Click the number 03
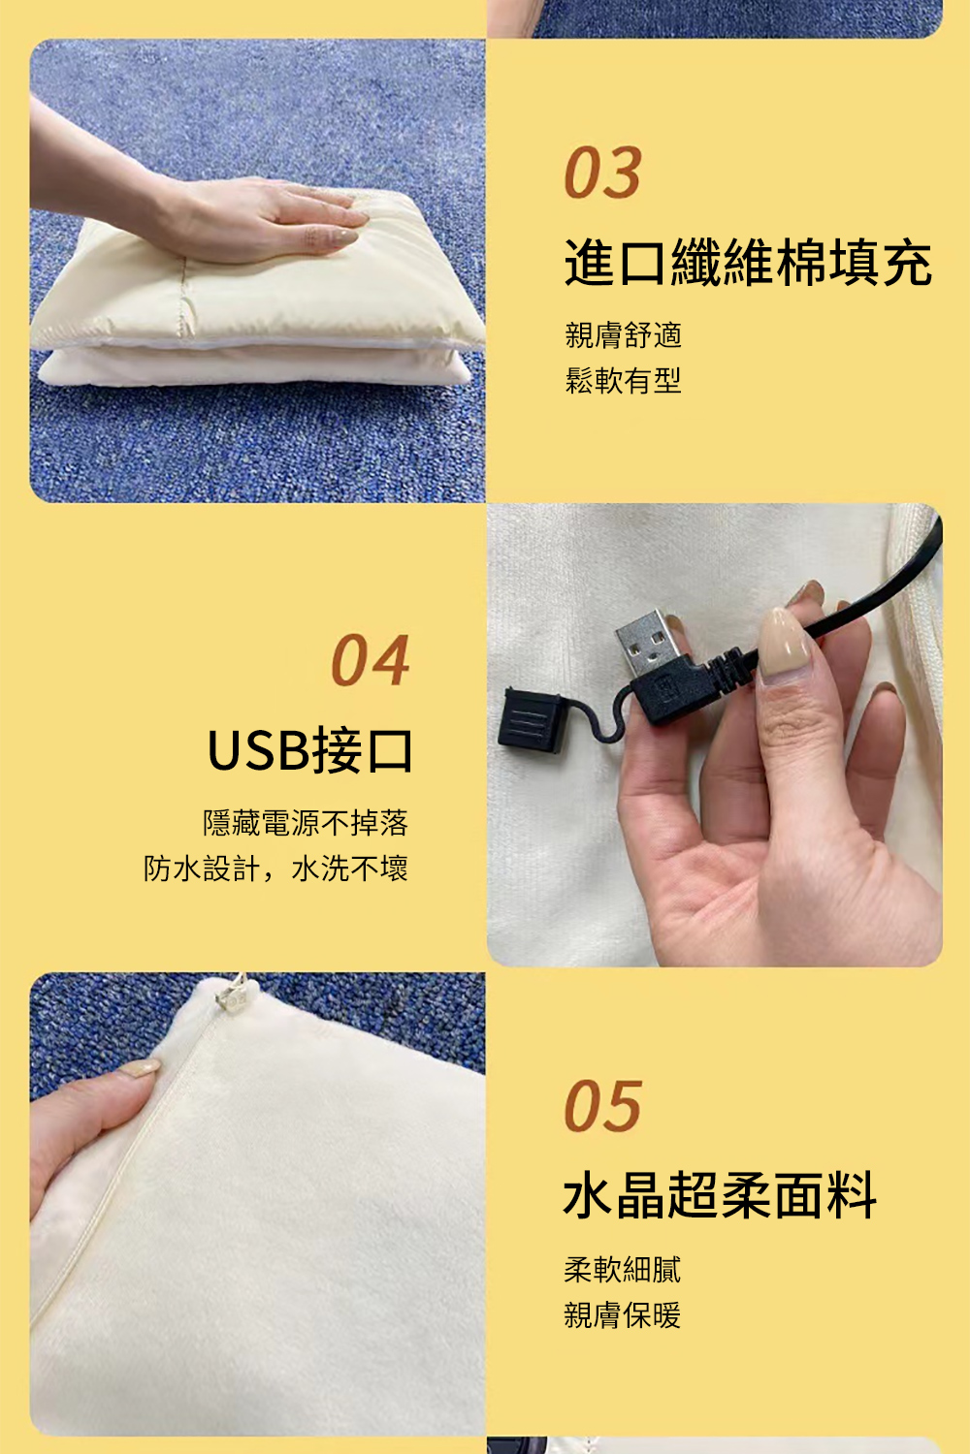click(x=603, y=172)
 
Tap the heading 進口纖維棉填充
click(x=748, y=263)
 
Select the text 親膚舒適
click(x=623, y=335)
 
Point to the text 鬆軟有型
click(x=623, y=380)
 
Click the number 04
click(x=371, y=660)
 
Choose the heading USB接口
click(x=309, y=751)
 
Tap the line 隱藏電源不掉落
click(x=306, y=823)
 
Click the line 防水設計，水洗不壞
click(x=275, y=869)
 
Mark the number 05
click(x=603, y=1107)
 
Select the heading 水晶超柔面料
click(x=720, y=1195)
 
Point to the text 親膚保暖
click(x=623, y=1315)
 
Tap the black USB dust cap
click(x=530, y=721)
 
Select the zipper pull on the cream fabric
click(x=233, y=995)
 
